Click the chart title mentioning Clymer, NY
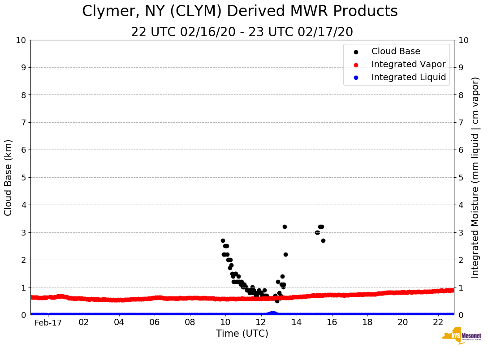tap(240, 12)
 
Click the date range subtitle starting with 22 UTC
tap(242, 32)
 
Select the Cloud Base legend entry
tap(396, 51)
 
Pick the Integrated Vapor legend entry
tap(408, 64)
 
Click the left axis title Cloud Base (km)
tap(9, 177)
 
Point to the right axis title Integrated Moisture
tap(475, 177)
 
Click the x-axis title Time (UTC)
tap(242, 334)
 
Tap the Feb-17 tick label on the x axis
tap(48, 322)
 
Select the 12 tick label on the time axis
tap(261, 322)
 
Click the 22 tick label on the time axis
tap(438, 322)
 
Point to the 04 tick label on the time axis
tap(119, 322)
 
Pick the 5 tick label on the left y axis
tap(23, 177)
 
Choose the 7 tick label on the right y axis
tap(461, 122)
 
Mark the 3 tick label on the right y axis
tap(461, 232)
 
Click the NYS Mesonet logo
tap(461, 337)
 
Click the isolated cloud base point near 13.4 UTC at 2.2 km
tap(285, 254)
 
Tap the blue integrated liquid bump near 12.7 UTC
tap(272, 313)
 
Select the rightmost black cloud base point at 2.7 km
tap(323, 240)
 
